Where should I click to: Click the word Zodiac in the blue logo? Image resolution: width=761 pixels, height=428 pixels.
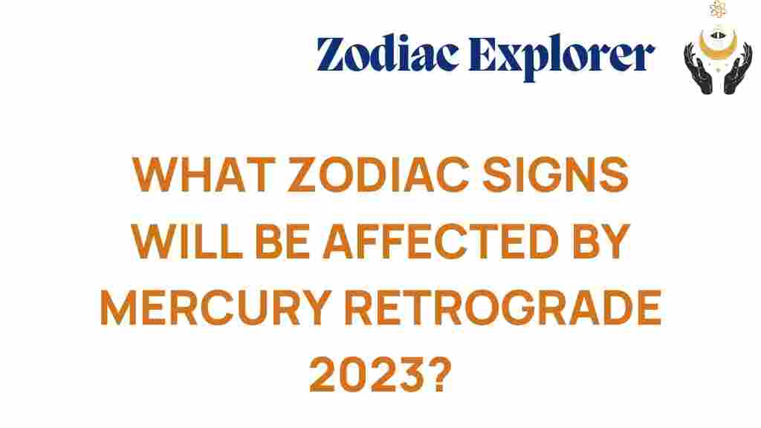[387, 53]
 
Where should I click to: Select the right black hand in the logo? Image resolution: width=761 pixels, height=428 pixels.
[738, 68]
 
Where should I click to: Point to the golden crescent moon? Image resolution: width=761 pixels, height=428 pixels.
[719, 48]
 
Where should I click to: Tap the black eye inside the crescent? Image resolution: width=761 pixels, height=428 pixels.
[719, 35]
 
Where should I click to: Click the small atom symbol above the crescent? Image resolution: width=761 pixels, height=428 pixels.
[718, 9]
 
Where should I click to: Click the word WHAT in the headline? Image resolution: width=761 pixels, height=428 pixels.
[204, 175]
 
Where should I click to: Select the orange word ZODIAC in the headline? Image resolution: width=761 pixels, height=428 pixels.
[378, 175]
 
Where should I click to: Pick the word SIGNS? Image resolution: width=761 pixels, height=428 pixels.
[555, 175]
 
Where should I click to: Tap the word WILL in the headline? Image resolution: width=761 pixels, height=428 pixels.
[187, 241]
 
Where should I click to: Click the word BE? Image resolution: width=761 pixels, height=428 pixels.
[282, 241]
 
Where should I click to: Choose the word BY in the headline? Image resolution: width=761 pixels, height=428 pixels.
[601, 241]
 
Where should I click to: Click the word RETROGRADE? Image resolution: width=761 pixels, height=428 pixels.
[503, 308]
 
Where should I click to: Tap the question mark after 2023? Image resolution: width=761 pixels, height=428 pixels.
[440, 374]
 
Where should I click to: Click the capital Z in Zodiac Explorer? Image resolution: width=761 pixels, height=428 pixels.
[332, 53]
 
